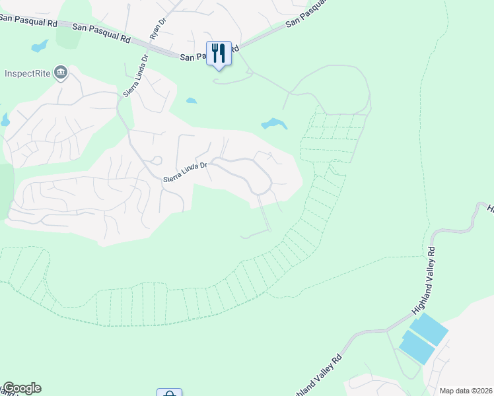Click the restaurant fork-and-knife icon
pyautogui.click(x=219, y=53)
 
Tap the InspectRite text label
pyautogui.click(x=28, y=73)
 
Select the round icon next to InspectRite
pyautogui.click(x=61, y=72)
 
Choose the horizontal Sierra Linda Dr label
pyautogui.click(x=186, y=172)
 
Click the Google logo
pyautogui.click(x=21, y=388)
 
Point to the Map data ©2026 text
pyautogui.click(x=466, y=391)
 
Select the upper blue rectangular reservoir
pyautogui.click(x=428, y=328)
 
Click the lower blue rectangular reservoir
pyautogui.click(x=417, y=348)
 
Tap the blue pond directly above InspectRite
pyautogui.click(x=40, y=46)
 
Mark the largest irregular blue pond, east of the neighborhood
pyautogui.click(x=274, y=123)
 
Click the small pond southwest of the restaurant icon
pyautogui.click(x=192, y=100)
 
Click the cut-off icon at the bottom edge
pyautogui.click(x=169, y=393)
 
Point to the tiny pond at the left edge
pyautogui.click(x=5, y=120)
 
